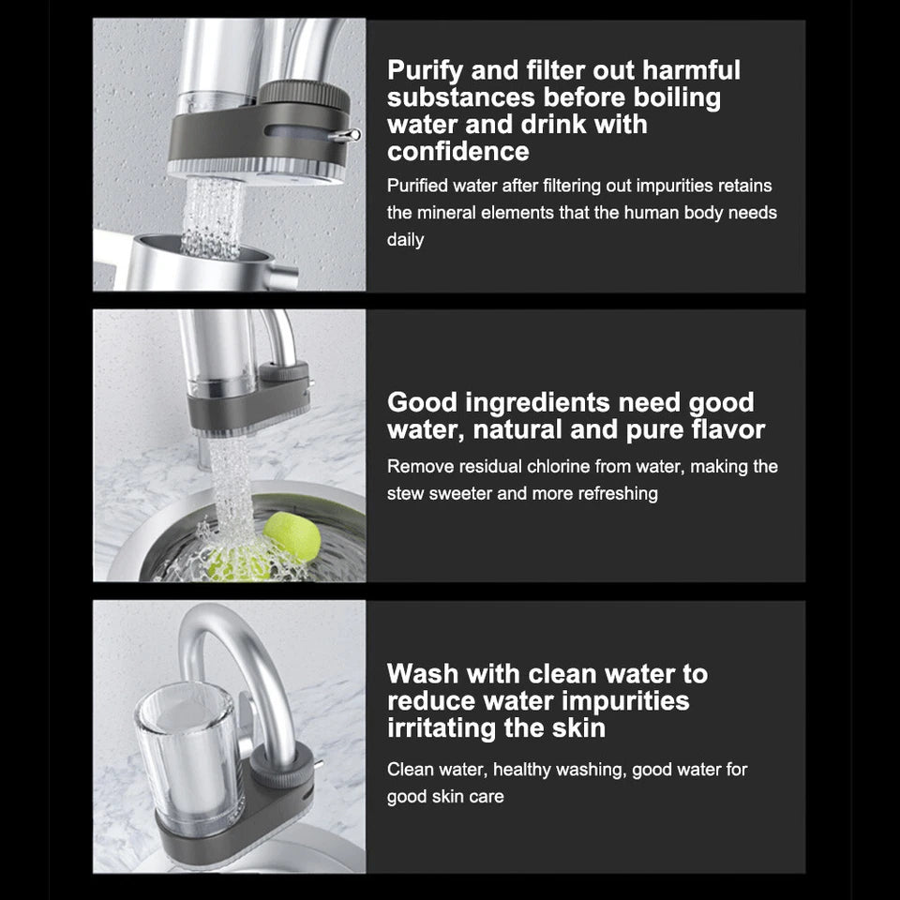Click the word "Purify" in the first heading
point(428,71)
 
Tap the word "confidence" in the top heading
point(457,151)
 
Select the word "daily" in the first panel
point(405,240)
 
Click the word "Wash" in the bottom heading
point(423,674)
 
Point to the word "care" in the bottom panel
point(486,797)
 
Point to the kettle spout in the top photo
point(280,276)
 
